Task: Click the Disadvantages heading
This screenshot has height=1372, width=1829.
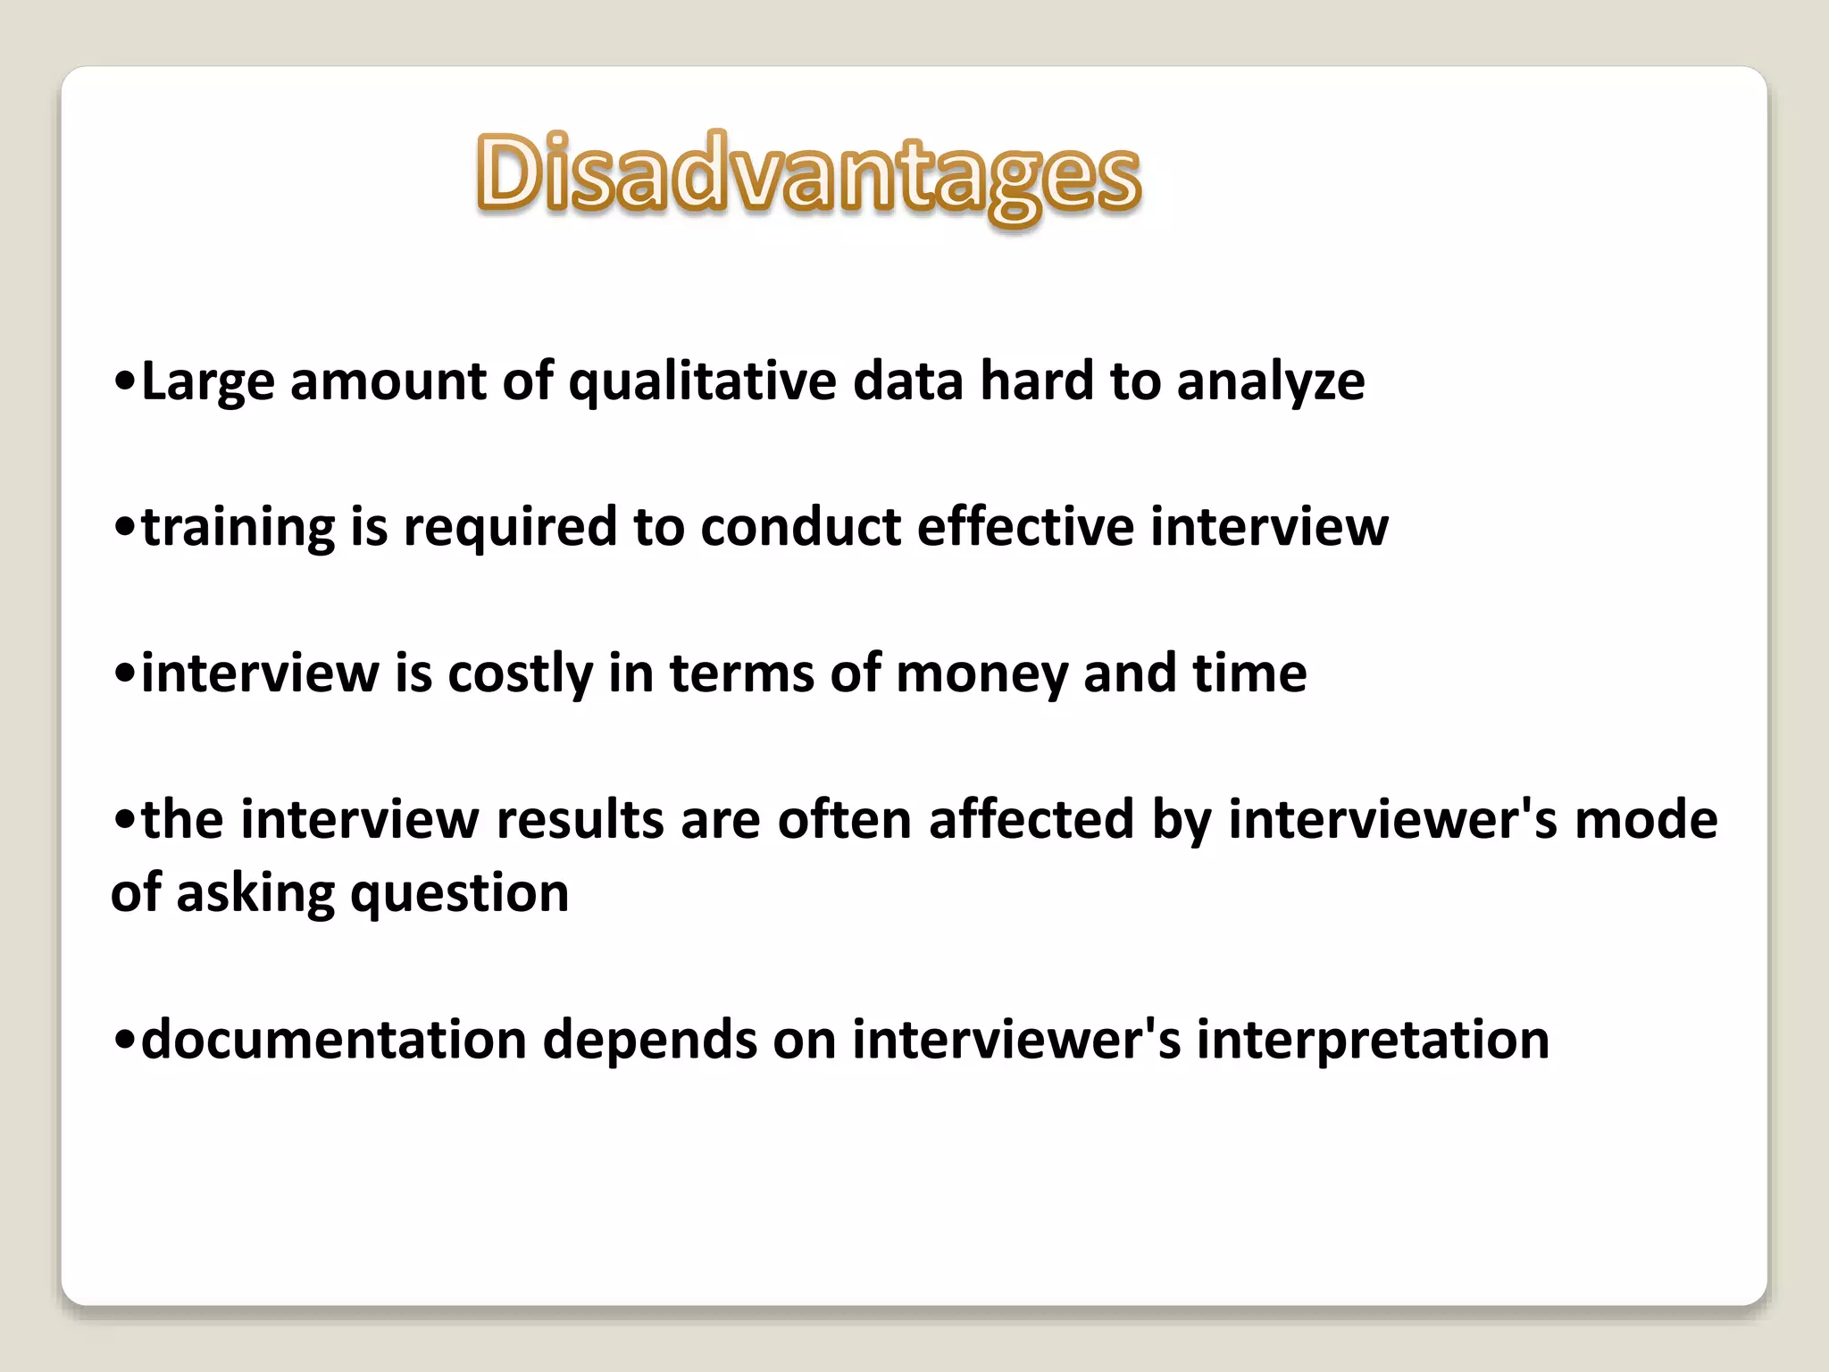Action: click(808, 174)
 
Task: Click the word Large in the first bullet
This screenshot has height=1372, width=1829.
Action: click(207, 382)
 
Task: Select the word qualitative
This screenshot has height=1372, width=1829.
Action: click(703, 382)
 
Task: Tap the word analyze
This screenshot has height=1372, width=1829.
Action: click(1270, 382)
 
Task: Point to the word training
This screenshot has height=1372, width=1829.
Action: click(238, 527)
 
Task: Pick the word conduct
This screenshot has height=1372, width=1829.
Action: click(800, 527)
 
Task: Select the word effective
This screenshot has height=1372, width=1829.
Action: click(1025, 527)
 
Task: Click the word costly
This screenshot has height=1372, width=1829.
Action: click(520, 673)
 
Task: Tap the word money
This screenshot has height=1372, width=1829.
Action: click(981, 673)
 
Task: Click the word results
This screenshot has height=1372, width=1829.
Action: click(580, 819)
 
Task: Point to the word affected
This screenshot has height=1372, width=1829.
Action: click(1031, 819)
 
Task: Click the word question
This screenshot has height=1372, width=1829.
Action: click(459, 893)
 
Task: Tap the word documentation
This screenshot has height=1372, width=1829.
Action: click(334, 1040)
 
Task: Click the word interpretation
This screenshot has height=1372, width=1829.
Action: click(1373, 1040)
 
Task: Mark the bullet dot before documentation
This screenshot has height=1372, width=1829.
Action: click(126, 1042)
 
